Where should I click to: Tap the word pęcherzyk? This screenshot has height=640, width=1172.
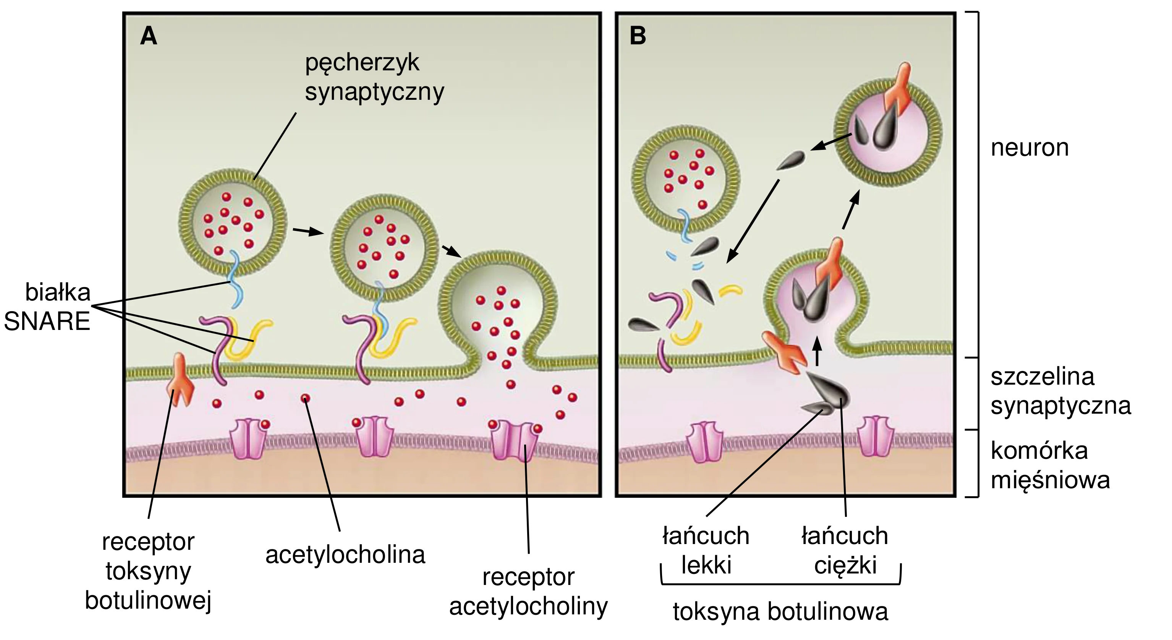362,63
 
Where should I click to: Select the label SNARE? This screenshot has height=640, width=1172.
47,322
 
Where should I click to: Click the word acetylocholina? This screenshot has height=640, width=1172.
345,555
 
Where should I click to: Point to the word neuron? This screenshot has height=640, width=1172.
1030,148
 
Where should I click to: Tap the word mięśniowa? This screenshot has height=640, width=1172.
1050,480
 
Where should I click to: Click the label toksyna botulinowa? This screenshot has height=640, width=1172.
780,611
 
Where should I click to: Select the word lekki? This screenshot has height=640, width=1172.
706,565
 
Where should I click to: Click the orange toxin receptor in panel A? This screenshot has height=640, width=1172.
181,380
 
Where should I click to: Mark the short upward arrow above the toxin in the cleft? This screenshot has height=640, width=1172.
817,351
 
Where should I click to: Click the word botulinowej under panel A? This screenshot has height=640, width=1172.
148,600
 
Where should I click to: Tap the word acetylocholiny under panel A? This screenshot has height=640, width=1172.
529,607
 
